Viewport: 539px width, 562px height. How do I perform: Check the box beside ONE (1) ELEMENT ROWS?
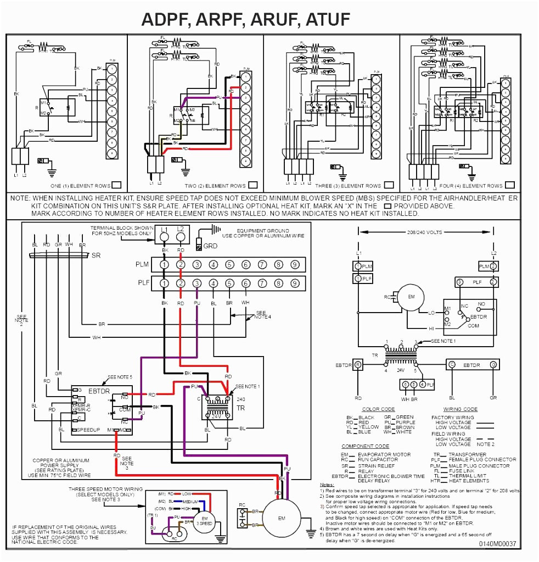tap(116, 185)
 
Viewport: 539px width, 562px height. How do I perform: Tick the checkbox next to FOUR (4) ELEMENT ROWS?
tap(510, 185)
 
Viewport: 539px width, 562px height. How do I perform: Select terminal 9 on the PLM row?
tap(295, 265)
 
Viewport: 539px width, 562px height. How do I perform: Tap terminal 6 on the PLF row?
tap(246, 283)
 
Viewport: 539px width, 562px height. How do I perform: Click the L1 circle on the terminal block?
tap(165, 236)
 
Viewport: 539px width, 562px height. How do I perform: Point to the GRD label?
tap(210, 246)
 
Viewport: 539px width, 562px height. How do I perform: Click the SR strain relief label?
tap(96, 256)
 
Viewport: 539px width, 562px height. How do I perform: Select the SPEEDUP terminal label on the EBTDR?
tap(88, 430)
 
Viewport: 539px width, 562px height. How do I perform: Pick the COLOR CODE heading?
tap(378, 409)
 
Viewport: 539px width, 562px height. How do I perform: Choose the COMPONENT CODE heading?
tap(365, 446)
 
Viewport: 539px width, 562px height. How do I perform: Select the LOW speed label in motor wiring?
tap(187, 494)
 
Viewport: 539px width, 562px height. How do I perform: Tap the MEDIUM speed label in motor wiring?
tap(190, 501)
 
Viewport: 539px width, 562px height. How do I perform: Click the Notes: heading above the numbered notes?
tap(327, 484)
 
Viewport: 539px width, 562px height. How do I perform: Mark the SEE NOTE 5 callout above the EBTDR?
tap(120, 377)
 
